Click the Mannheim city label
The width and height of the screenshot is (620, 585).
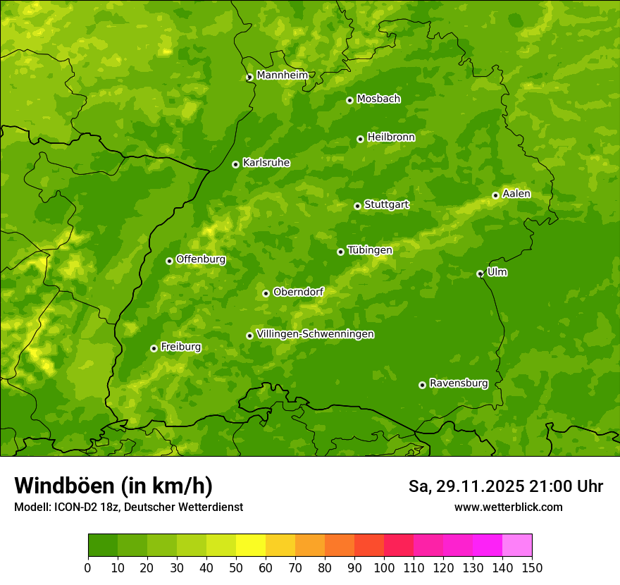tap(282, 75)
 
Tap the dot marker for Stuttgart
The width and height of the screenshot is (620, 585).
tap(357, 206)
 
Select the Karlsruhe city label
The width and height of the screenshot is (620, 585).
tap(266, 163)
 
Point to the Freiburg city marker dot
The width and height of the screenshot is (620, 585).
tap(154, 348)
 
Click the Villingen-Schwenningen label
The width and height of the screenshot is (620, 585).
tap(315, 334)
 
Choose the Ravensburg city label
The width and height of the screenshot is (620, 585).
tap(459, 383)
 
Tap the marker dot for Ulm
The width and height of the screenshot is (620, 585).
tap(480, 273)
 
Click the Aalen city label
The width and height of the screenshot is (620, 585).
tap(516, 194)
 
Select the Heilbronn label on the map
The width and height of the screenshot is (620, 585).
tap(391, 137)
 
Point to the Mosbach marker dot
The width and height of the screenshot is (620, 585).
tap(349, 100)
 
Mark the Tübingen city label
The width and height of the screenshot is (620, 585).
tap(370, 250)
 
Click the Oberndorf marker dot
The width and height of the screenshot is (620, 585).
tap(266, 293)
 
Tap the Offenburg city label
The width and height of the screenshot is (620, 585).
tap(201, 259)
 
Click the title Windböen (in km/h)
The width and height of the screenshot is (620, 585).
tap(113, 486)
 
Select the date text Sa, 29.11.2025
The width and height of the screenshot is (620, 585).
tap(467, 486)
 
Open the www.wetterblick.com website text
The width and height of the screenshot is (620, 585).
tap(508, 507)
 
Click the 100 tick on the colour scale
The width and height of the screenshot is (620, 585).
tap(384, 567)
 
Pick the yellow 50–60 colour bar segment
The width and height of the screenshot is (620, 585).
tap(251, 546)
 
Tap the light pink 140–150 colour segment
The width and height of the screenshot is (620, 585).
tap(517, 546)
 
